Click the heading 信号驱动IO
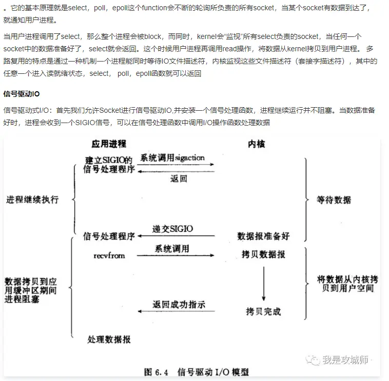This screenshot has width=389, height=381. [22, 94]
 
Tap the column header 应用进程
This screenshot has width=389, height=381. [109, 144]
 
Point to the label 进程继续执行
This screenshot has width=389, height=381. [32, 199]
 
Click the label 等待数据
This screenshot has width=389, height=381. [334, 199]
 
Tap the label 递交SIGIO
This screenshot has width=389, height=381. [173, 228]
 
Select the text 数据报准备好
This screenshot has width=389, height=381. [263, 236]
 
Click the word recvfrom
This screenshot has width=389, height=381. [109, 255]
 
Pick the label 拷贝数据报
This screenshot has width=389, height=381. [263, 254]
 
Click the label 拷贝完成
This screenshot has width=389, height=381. [263, 311]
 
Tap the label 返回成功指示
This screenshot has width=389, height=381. [179, 305]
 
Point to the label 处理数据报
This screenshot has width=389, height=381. [109, 339]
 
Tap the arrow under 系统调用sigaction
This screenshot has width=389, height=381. [177, 165]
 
